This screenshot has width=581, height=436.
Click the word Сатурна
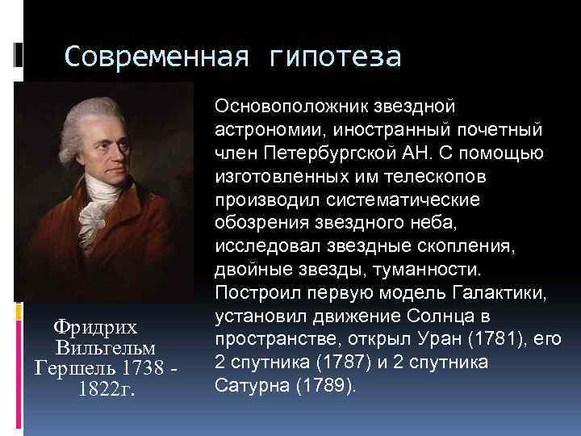pyautogui.click(x=250, y=385)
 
